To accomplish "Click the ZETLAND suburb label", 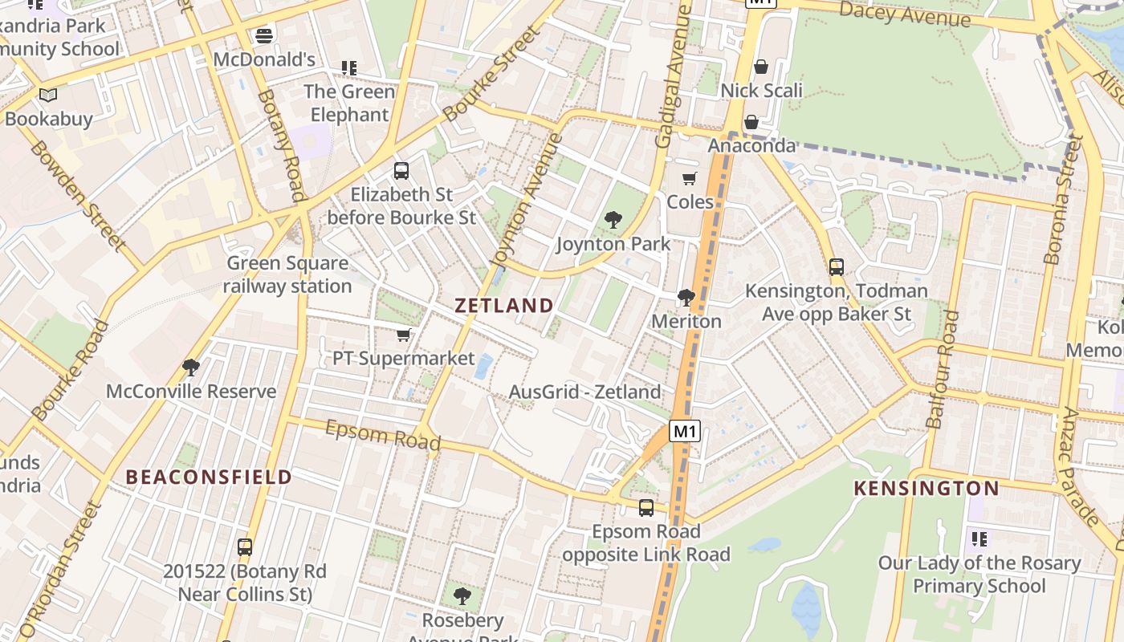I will click(504, 306).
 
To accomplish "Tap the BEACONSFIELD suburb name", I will click(209, 477).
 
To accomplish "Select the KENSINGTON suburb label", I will click(926, 488).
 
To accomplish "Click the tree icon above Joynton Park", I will click(613, 219).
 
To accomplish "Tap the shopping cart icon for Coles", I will click(689, 178).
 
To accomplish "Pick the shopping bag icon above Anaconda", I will click(751, 122).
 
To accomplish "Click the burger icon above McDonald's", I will click(264, 35).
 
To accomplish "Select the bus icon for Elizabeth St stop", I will click(401, 170).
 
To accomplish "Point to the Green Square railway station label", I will click(287, 274).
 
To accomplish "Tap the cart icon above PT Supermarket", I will click(404, 335).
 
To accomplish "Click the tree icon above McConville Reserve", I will click(191, 368).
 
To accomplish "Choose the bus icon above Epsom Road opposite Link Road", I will click(646, 507).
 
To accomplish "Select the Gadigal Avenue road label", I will click(673, 76).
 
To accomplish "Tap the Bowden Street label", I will click(78, 195).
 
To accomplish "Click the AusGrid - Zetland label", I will click(585, 392).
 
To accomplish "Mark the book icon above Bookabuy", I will click(48, 95).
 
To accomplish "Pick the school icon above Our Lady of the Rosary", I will click(979, 538).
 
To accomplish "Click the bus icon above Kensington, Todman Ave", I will click(837, 266).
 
